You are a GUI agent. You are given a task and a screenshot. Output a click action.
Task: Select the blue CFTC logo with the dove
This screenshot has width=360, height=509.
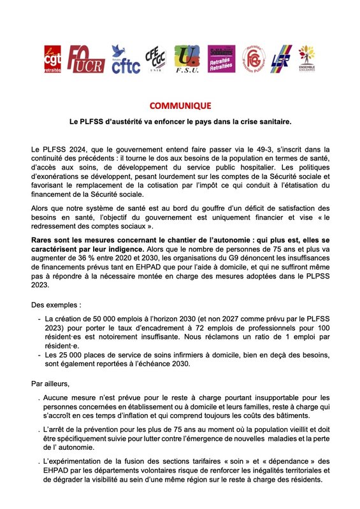click(125, 59)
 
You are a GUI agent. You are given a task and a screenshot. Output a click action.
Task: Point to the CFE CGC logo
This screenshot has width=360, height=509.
click(155, 60)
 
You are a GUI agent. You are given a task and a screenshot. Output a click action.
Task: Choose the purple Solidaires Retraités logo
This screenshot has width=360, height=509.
click(222, 60)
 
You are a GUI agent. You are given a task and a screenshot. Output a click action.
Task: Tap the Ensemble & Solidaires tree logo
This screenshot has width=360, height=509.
click(308, 59)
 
